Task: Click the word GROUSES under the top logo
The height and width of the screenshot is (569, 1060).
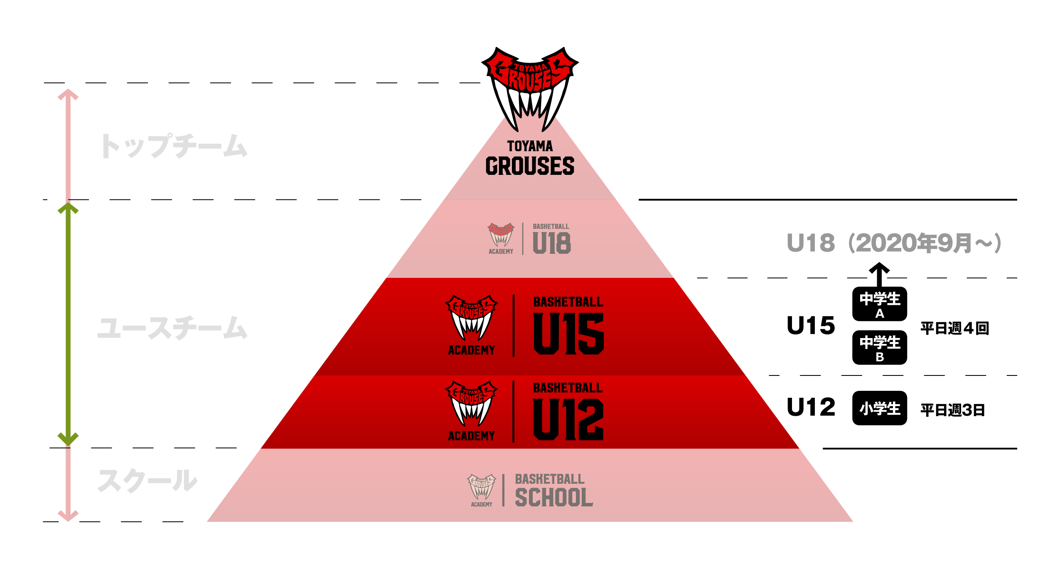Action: [x=530, y=166]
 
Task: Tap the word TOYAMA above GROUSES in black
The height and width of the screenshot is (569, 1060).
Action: [x=530, y=146]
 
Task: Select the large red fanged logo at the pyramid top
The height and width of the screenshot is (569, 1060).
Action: [x=530, y=89]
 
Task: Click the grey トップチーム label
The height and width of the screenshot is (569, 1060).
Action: [x=174, y=146]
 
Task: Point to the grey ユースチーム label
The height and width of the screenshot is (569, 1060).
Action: [x=172, y=328]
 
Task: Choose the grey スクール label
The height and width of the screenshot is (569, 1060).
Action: [x=147, y=481]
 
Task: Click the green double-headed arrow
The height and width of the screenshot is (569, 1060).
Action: [x=68, y=324]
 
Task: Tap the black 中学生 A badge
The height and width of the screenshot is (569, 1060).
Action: [x=879, y=304]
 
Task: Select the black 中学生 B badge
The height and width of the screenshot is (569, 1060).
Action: [x=879, y=348]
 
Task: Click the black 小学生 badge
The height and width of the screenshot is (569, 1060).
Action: [x=879, y=408]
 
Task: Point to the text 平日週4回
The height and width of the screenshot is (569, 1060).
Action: [x=954, y=328]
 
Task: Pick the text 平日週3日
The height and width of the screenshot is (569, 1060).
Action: [x=952, y=410]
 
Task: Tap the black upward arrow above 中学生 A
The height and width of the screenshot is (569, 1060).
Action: [x=879, y=275]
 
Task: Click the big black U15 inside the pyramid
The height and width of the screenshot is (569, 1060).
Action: [x=568, y=334]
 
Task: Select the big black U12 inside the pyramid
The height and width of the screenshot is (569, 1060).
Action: [x=568, y=419]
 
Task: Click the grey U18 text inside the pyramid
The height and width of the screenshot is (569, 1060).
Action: [x=552, y=243]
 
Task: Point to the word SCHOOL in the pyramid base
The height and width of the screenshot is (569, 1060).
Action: [x=554, y=497]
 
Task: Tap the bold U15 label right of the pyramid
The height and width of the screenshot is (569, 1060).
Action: [x=811, y=325]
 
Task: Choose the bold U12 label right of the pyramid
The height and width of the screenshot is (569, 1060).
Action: [x=811, y=407]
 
